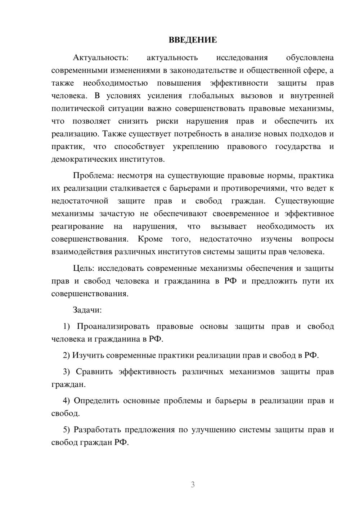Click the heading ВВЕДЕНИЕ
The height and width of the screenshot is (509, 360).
click(x=193, y=40)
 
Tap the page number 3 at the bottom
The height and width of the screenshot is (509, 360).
click(x=193, y=485)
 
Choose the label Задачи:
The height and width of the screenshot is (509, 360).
click(x=87, y=310)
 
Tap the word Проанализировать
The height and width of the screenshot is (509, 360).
click(x=113, y=326)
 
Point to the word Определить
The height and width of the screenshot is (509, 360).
click(x=96, y=401)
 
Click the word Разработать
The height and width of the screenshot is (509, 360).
click(x=96, y=430)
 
